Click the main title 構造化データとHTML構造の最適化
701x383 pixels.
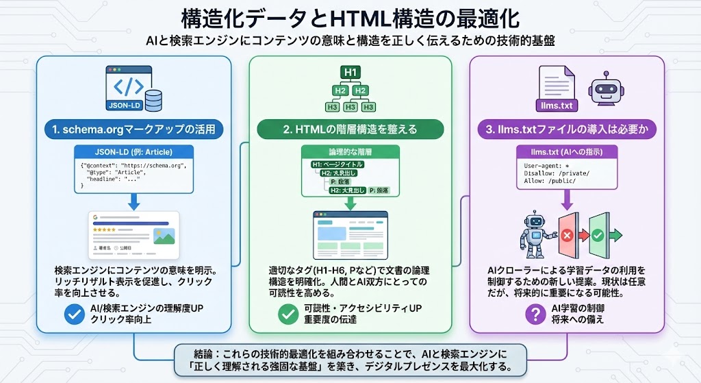350,17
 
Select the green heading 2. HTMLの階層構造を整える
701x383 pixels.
350,128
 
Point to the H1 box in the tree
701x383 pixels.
350,73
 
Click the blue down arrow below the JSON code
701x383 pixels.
133,201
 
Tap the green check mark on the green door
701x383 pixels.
597,235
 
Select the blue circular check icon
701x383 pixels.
73,314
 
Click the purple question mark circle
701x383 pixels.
534,314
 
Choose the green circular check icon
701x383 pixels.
288,314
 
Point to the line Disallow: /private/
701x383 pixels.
555,173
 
